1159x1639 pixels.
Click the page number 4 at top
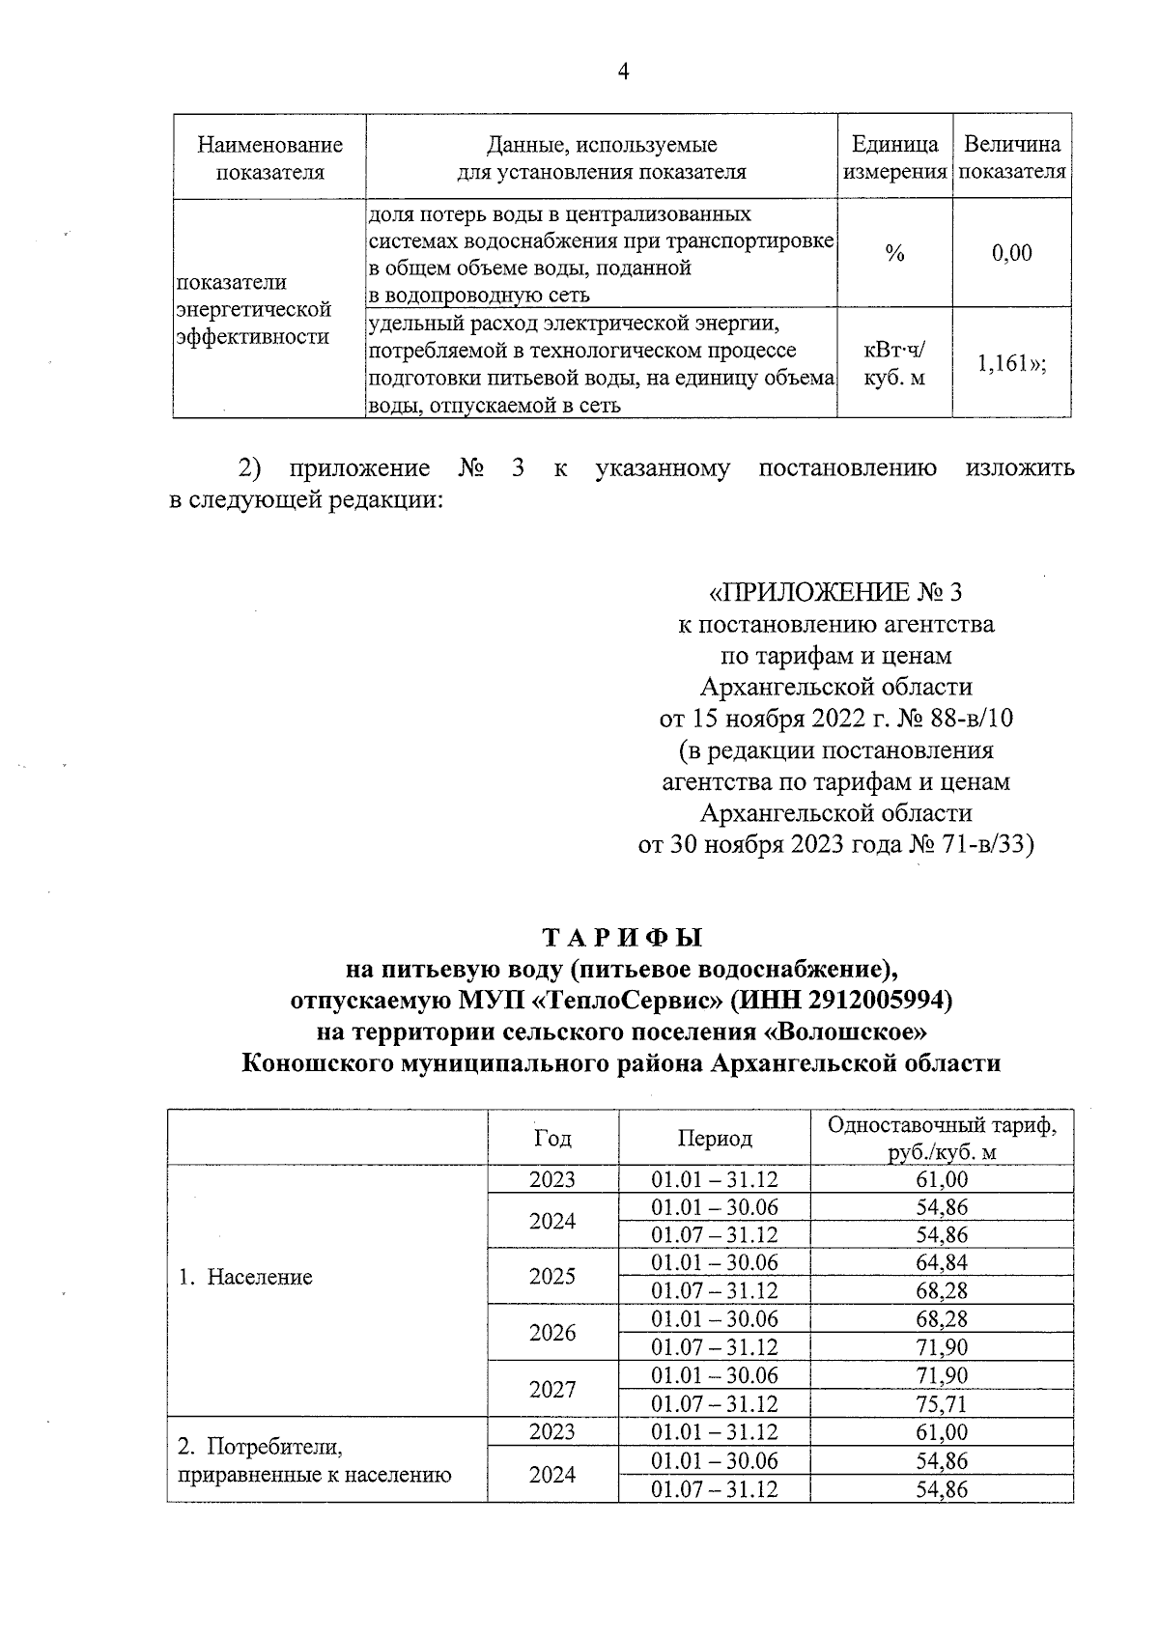click(x=623, y=71)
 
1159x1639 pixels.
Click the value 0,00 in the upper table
click(x=1011, y=254)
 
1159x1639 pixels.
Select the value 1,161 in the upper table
click(x=1009, y=364)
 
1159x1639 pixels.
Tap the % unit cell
click(x=894, y=254)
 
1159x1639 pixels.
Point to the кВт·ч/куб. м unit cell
click(x=894, y=364)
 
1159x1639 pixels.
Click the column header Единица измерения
click(x=895, y=158)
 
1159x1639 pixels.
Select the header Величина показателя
click(x=1012, y=158)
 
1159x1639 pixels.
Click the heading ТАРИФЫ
click(x=622, y=938)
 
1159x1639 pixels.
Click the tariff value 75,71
click(x=942, y=1403)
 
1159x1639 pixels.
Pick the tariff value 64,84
click(x=942, y=1263)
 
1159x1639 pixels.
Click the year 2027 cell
click(x=552, y=1390)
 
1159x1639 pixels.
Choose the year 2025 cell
click(x=552, y=1277)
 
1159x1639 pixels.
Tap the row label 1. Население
click(x=246, y=1278)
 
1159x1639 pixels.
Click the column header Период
click(x=715, y=1139)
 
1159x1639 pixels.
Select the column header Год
click(x=552, y=1139)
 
